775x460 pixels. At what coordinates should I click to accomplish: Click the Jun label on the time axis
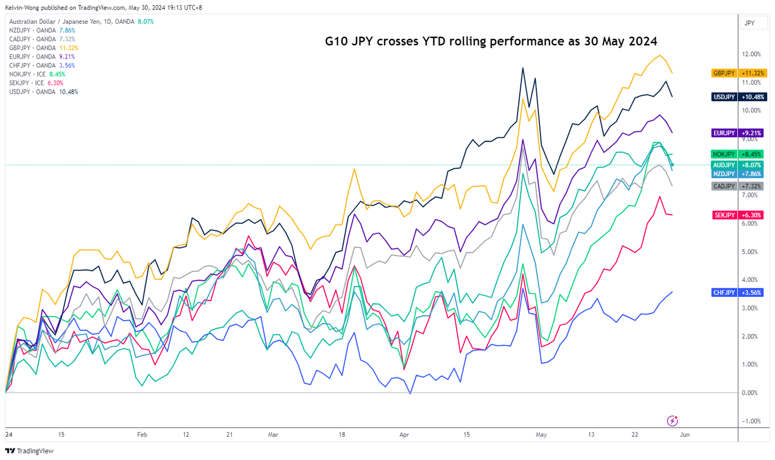click(684, 435)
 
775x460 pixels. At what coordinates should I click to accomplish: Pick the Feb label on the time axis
click(142, 435)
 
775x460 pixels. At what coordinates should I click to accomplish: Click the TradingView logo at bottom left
click(29, 451)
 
